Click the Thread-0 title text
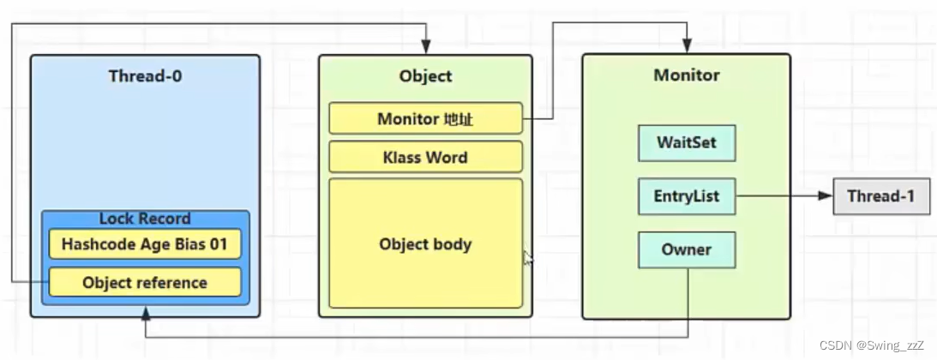click(x=145, y=75)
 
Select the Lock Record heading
click(x=145, y=219)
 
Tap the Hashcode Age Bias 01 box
click(x=145, y=244)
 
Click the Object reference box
click(x=145, y=282)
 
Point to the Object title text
click(x=425, y=75)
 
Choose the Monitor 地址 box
click(x=425, y=118)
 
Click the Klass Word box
click(x=425, y=157)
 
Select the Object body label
click(x=425, y=244)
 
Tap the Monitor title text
click(x=687, y=75)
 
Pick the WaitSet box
click(x=687, y=142)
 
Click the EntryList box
click(x=687, y=195)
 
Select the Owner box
click(x=687, y=249)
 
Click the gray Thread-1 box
click(x=881, y=195)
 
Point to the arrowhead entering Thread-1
click(x=826, y=195)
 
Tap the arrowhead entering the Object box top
click(x=425, y=46)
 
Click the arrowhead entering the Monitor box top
click(x=687, y=46)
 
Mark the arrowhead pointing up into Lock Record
click(x=145, y=314)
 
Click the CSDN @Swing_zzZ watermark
click(x=871, y=345)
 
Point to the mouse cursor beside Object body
click(x=528, y=258)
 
